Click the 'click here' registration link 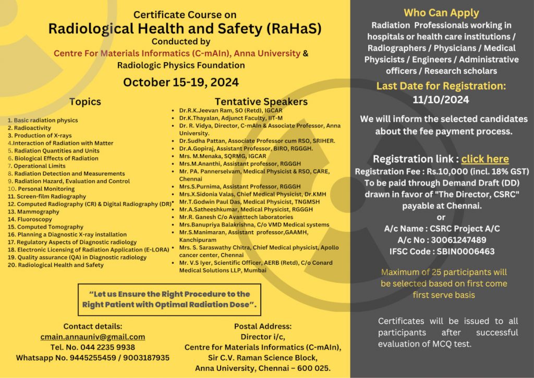pyautogui.click(x=485, y=159)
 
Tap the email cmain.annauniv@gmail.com pyautogui.click(x=93, y=337)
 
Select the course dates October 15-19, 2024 pyautogui.click(x=181, y=82)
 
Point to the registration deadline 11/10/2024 pyautogui.click(x=441, y=99)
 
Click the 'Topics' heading pyautogui.click(x=85, y=101)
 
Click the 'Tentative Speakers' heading pyautogui.click(x=261, y=101)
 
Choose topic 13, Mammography pyautogui.click(x=34, y=212)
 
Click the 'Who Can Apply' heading pyautogui.click(x=441, y=13)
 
